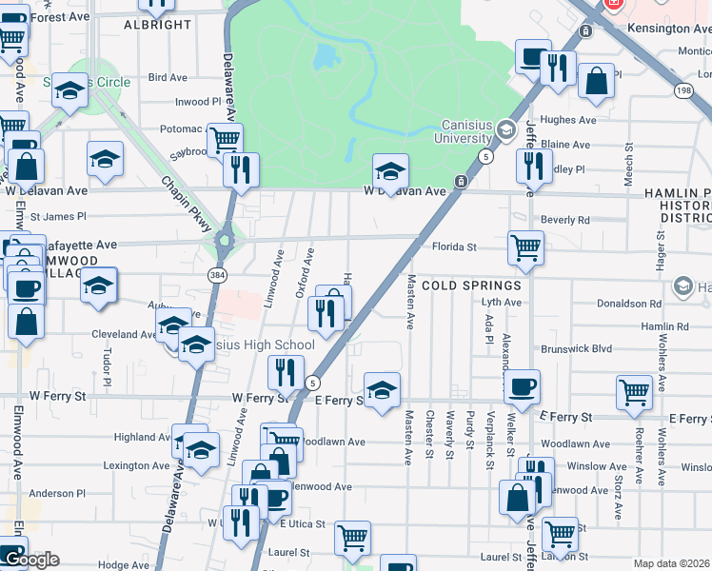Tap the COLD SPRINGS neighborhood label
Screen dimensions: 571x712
point(472,285)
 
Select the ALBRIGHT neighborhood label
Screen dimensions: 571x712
point(157,25)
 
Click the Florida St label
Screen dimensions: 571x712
point(454,246)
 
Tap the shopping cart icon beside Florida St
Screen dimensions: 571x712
point(525,248)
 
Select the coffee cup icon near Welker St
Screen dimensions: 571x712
point(522,387)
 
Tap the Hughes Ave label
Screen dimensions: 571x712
point(567,120)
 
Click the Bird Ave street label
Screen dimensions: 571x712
point(168,77)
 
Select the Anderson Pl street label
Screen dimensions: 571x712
point(57,494)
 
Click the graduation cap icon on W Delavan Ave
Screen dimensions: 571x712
point(389,170)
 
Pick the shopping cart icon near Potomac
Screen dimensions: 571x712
point(225,140)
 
